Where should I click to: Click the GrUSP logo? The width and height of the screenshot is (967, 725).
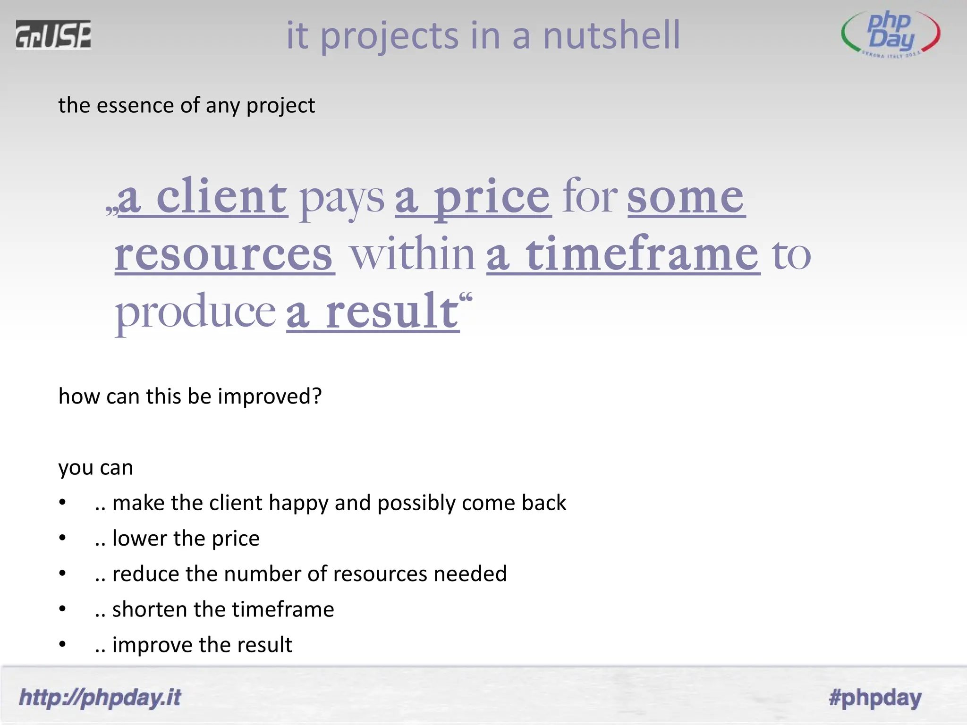pyautogui.click(x=53, y=34)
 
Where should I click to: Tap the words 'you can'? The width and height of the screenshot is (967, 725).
pyautogui.click(x=96, y=468)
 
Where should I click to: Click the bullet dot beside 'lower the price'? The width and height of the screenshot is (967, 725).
pyautogui.click(x=62, y=538)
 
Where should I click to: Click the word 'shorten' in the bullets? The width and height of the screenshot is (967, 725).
pyautogui.click(x=149, y=609)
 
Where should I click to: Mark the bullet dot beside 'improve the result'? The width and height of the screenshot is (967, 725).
pyautogui.click(x=62, y=645)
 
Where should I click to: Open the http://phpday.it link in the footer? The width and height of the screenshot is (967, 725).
pyautogui.click(x=100, y=698)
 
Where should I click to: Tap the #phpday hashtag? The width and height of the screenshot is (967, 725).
pyautogui.click(x=875, y=698)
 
